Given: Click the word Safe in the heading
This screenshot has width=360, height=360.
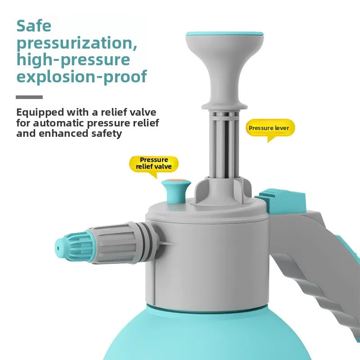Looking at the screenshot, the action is point(34,26).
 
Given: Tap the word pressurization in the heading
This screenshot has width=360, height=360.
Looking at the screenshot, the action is point(77,44).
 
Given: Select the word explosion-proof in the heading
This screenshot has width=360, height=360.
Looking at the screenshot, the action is point(82,76).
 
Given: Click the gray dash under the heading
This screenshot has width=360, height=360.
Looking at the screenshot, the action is point(29,97).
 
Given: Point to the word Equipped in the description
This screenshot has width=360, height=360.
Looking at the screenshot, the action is point(40,113).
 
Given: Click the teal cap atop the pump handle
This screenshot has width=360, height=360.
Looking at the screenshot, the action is point(225,33).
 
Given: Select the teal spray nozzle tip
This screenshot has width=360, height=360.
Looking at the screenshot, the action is point(72,247).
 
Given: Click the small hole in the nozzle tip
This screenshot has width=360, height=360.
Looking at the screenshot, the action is point(58,248).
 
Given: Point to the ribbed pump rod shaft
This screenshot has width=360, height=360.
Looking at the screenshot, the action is point(224,144).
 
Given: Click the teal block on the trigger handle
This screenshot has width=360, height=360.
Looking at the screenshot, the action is point(281,201).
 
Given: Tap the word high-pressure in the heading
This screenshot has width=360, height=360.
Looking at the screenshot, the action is point(73,60).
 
